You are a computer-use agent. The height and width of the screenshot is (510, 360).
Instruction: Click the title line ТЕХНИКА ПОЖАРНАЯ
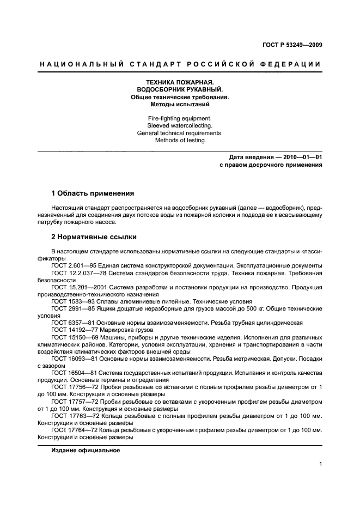coord(179,82)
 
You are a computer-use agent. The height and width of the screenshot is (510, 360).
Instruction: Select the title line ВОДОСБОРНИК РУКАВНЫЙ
coord(179,89)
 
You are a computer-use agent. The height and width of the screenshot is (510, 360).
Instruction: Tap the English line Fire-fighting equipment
coord(179,118)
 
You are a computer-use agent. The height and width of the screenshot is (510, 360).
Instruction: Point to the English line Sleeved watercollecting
coord(179,125)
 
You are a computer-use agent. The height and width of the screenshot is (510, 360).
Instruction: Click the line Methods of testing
coord(179,140)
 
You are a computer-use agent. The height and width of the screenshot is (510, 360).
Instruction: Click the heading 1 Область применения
coord(93,193)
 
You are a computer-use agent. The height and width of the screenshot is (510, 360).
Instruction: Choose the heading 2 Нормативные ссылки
coord(94,237)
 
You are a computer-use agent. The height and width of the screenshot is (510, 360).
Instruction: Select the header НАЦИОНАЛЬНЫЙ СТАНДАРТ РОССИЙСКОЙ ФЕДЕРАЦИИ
coord(180,64)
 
